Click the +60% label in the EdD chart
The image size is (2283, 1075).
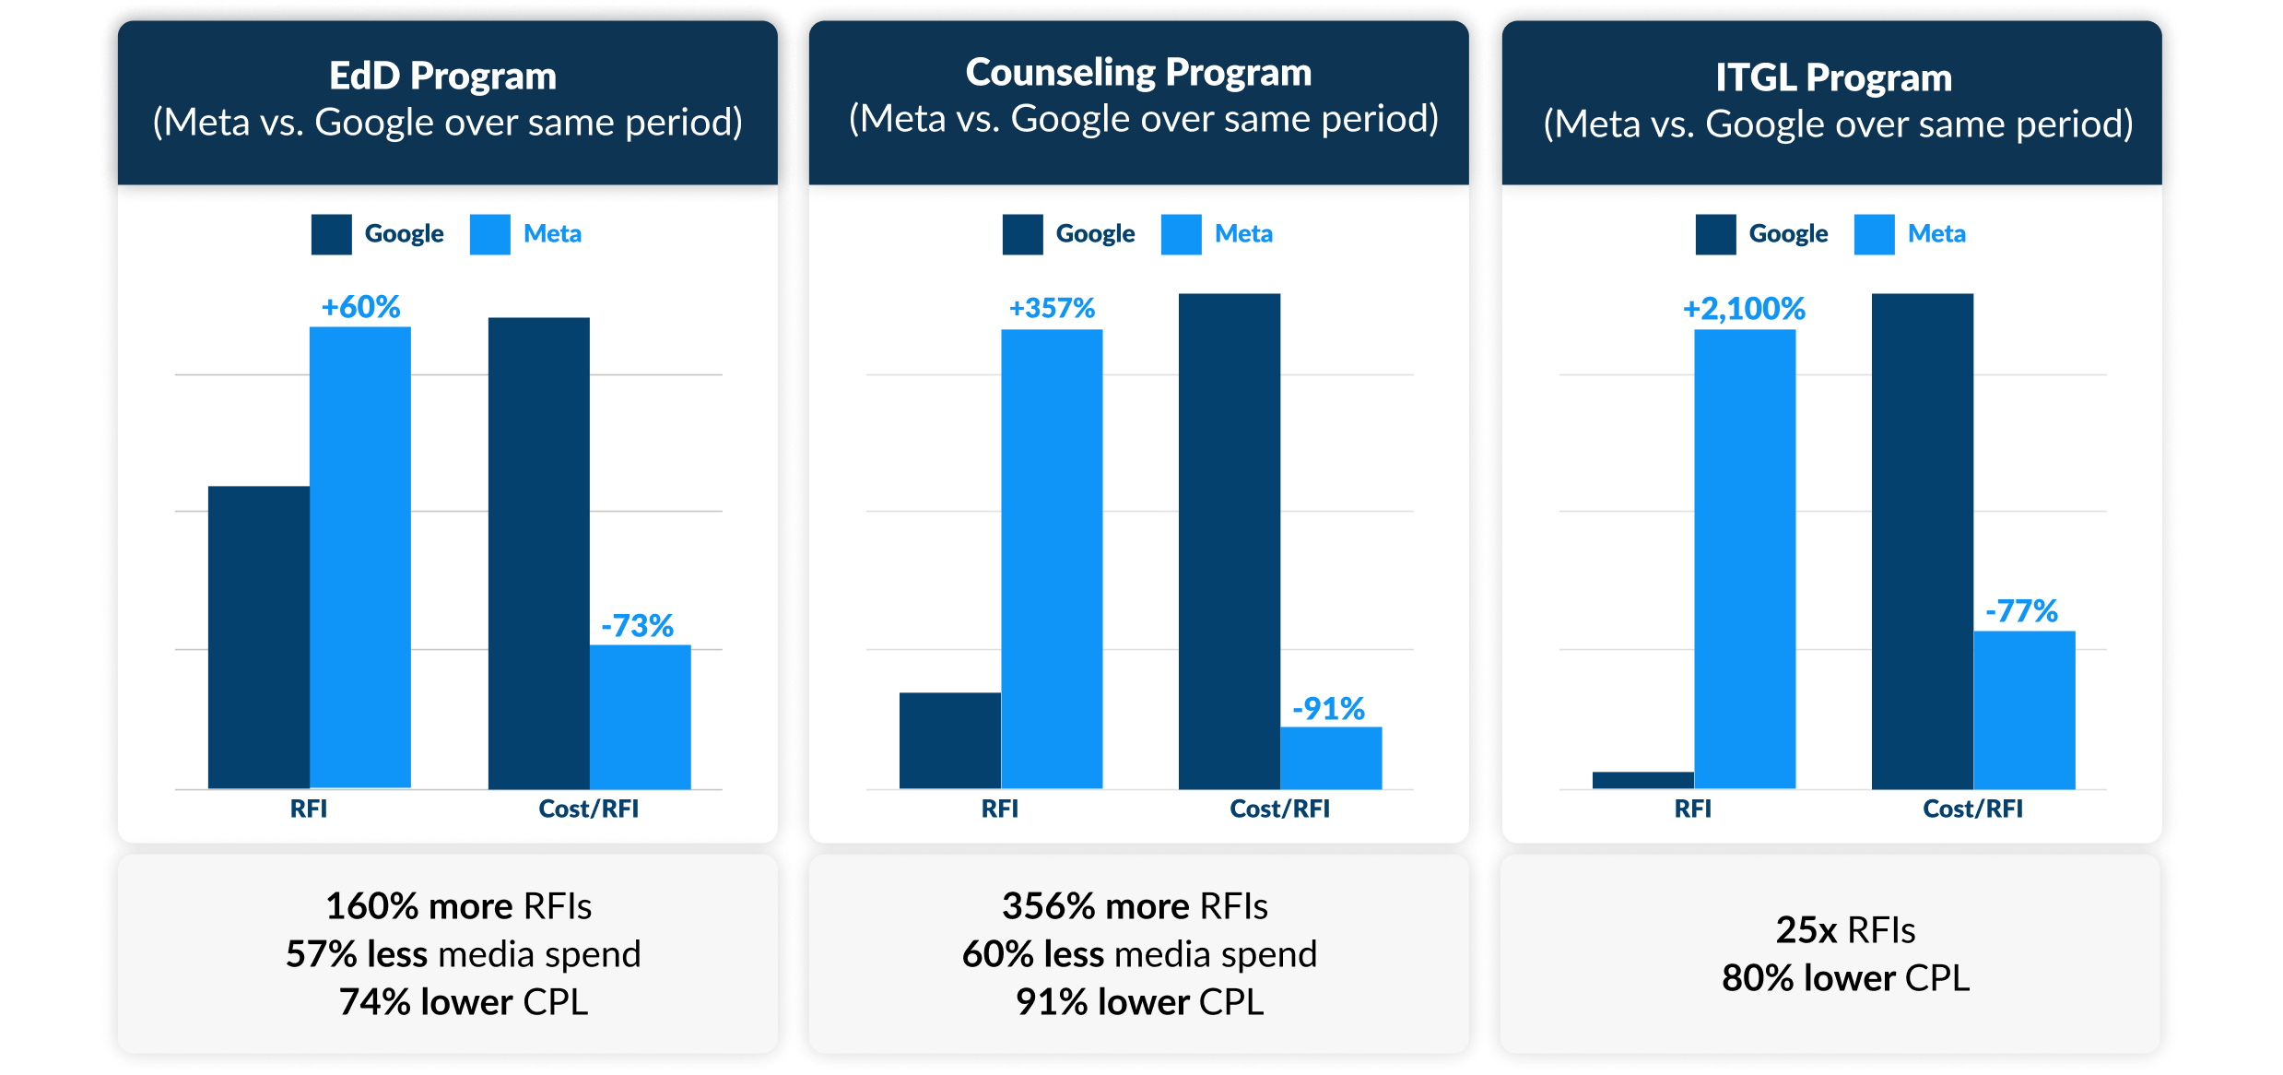click(x=360, y=307)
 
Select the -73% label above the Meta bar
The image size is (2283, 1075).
click(x=638, y=626)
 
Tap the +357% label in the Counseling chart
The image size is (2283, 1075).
click(x=1052, y=308)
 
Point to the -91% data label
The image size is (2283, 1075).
click(x=1328, y=709)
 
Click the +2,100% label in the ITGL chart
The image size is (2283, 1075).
click(x=1744, y=309)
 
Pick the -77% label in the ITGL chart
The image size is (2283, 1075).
click(x=2021, y=611)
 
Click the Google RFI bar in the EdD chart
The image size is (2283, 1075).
click(x=259, y=636)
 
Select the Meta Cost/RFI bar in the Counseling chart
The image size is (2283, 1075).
click(x=1331, y=758)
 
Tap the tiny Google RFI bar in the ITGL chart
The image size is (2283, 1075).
click(x=1642, y=780)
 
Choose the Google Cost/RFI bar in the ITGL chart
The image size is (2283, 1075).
click(x=1922, y=541)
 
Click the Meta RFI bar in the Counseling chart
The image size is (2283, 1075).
click(x=1052, y=559)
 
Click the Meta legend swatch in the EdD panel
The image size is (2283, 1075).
click(x=489, y=234)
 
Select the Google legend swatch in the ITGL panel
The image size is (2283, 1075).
click(x=1715, y=234)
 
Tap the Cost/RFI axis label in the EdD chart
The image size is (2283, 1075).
click(x=588, y=809)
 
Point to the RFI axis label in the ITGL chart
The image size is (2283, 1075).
click(x=1692, y=809)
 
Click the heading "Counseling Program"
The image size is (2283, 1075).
click(x=1138, y=73)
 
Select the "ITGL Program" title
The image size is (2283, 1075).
click(x=1833, y=77)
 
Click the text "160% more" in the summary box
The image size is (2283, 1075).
click(x=419, y=906)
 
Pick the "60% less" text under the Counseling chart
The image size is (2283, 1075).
click(x=1032, y=954)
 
